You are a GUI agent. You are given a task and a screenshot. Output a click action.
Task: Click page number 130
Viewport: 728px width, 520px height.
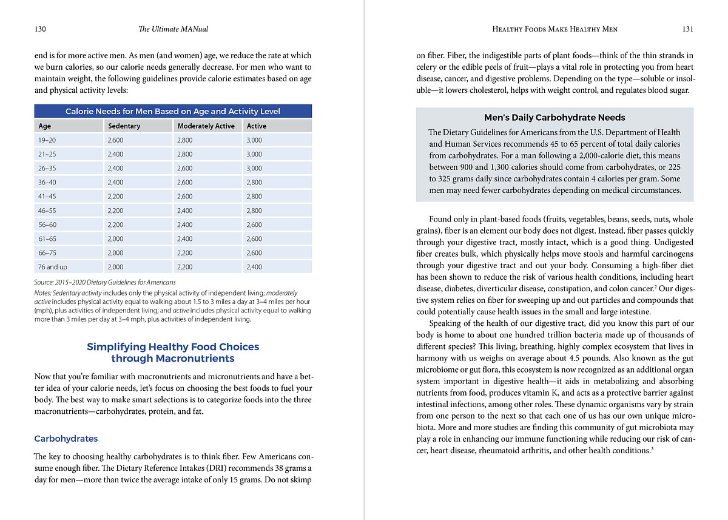point(41,29)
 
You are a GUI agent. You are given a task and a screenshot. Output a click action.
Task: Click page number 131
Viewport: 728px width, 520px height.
point(687,29)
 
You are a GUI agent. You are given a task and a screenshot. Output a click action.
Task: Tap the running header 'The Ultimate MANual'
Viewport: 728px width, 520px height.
point(174,29)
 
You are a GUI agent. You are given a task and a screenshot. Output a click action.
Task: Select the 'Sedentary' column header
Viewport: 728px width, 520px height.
point(124,126)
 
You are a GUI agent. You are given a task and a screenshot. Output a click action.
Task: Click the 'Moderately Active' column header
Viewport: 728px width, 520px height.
point(206,126)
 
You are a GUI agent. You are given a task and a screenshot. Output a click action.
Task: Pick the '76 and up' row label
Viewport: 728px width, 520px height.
point(53,267)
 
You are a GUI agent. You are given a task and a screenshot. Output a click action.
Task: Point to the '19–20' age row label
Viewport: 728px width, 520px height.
point(48,140)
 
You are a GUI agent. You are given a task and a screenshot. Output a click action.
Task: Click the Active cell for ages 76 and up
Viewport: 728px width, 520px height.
point(254,267)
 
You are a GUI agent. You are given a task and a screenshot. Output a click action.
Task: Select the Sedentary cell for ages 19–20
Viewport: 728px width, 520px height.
point(115,140)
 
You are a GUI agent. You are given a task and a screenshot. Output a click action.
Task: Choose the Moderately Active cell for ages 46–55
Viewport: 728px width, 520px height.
point(185,211)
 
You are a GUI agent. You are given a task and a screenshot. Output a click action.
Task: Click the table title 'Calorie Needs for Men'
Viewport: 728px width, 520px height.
point(173,111)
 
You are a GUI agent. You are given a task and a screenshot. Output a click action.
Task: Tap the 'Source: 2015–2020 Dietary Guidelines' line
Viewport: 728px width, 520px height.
point(105,282)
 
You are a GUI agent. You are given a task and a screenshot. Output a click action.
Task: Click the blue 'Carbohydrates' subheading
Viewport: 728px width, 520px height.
point(66,439)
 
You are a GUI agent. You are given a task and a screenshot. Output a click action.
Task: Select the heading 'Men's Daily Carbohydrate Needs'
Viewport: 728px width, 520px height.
point(554,118)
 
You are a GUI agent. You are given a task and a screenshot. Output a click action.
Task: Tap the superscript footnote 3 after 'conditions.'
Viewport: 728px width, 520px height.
point(652,448)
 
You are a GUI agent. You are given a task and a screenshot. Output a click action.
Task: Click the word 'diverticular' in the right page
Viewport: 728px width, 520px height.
point(510,289)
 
